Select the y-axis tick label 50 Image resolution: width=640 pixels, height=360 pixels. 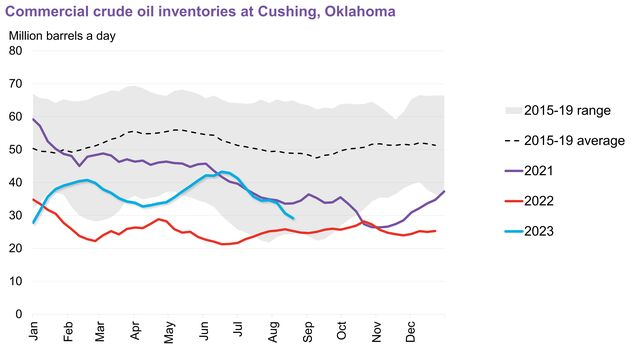click(17, 149)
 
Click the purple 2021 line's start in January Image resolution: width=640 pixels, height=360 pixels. click(34, 119)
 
